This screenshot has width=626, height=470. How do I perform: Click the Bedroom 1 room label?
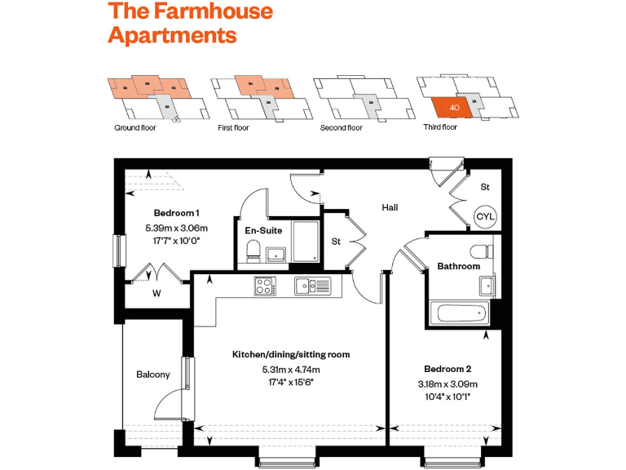tap(176, 213)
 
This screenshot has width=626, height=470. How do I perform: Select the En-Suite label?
tap(263, 230)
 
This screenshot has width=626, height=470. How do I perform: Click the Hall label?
tap(390, 207)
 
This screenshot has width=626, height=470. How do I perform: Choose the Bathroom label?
tap(459, 266)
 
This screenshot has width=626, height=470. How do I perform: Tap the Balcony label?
tap(153, 375)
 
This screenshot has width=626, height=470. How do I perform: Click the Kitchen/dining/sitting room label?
tap(291, 354)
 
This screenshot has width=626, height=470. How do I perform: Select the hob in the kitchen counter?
tap(266, 286)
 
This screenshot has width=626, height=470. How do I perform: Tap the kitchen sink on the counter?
tap(313, 286)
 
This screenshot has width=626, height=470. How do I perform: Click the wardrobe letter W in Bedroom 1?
tap(156, 294)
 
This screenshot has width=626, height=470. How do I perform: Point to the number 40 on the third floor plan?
tap(455, 108)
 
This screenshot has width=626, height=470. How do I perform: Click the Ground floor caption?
tap(134, 128)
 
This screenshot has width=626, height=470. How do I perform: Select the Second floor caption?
tap(341, 128)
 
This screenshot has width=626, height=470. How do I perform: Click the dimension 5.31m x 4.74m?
tap(291, 368)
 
